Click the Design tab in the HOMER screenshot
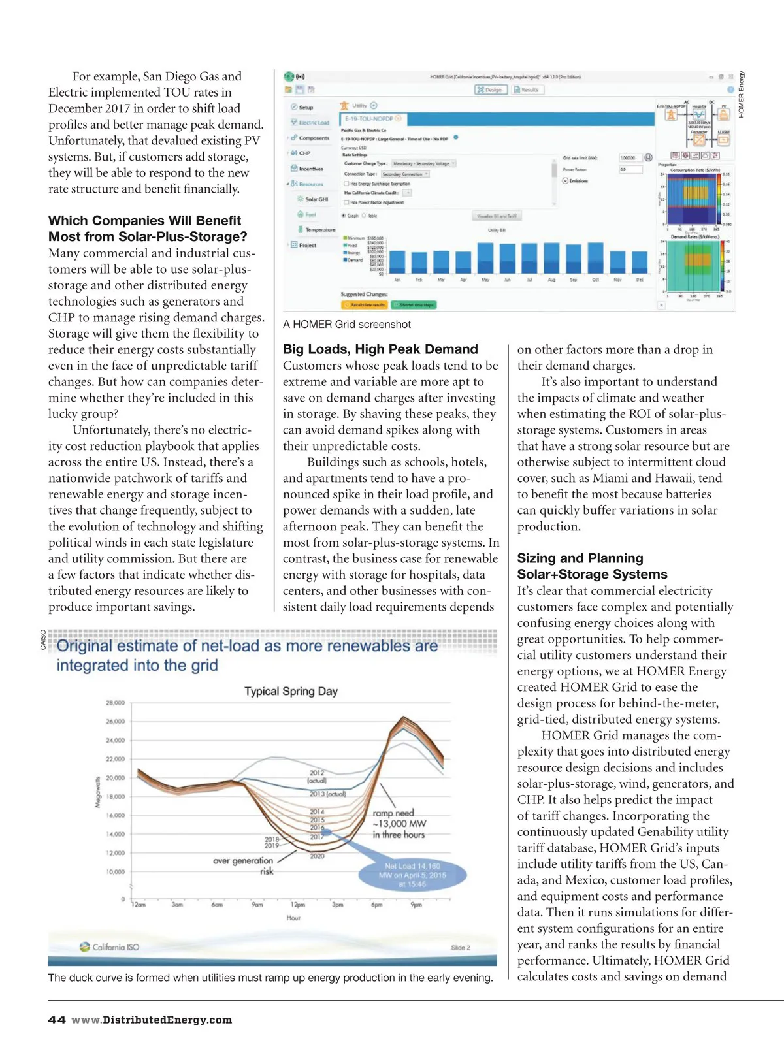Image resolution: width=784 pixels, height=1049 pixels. point(491,89)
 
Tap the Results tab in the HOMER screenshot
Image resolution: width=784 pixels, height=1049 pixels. point(527,89)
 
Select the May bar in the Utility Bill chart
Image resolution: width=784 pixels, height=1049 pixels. point(485,258)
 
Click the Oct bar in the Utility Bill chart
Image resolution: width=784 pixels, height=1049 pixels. point(595,258)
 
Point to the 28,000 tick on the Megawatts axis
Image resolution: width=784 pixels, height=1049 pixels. point(115,703)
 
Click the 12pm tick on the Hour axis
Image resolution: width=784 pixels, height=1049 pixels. point(298,905)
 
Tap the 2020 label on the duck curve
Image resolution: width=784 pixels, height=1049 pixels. point(318,856)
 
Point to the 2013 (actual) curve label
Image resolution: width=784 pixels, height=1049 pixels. point(327,794)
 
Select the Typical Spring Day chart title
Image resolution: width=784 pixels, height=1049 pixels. point(291,691)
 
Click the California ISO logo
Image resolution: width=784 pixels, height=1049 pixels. point(109,947)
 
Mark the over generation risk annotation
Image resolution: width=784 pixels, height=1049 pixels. point(243,865)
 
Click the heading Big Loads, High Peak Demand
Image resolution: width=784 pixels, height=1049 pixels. point(380,349)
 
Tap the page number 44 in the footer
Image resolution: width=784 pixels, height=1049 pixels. point(57,1020)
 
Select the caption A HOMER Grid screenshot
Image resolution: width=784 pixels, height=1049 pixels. point(347,325)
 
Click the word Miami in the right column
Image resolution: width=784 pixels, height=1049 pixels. point(611,478)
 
